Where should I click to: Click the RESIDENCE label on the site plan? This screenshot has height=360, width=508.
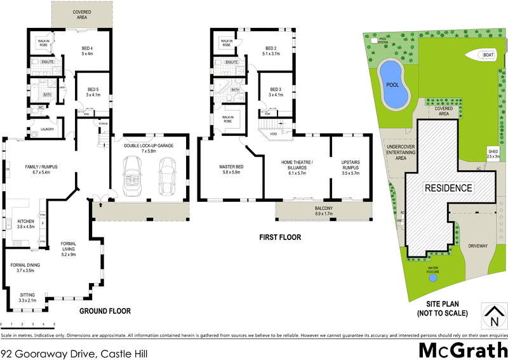[448, 188]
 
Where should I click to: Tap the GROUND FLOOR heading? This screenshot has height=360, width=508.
[105, 311]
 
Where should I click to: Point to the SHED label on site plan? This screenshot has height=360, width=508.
[493, 152]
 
